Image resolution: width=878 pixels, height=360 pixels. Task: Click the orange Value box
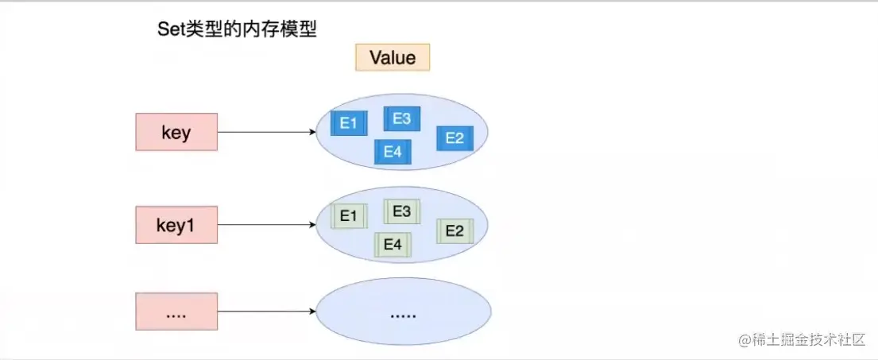click(x=393, y=58)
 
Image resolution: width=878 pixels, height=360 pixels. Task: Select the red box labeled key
click(x=176, y=132)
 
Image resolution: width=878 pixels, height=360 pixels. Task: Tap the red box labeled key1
click(x=176, y=225)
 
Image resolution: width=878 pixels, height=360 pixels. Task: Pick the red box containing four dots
click(x=176, y=312)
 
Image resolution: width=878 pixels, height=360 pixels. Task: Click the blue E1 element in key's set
click(x=348, y=123)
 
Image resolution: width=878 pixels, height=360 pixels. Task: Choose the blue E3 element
click(x=401, y=118)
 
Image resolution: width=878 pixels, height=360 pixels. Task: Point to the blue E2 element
click(x=454, y=138)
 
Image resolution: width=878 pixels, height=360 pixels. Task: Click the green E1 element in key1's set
click(x=348, y=216)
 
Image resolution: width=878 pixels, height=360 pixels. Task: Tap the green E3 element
click(x=401, y=211)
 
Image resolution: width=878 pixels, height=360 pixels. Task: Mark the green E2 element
click(x=454, y=231)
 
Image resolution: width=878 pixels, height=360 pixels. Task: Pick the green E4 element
click(x=393, y=246)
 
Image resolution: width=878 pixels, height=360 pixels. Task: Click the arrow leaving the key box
click(x=267, y=132)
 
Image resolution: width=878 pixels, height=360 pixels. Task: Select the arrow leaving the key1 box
click(x=267, y=225)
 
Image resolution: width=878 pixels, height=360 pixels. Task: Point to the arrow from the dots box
click(x=267, y=312)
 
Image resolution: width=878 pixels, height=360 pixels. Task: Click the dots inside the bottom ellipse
click(x=403, y=316)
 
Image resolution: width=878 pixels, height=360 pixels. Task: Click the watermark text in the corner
click(x=802, y=340)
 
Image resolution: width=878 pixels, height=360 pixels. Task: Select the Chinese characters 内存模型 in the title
click(x=280, y=29)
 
